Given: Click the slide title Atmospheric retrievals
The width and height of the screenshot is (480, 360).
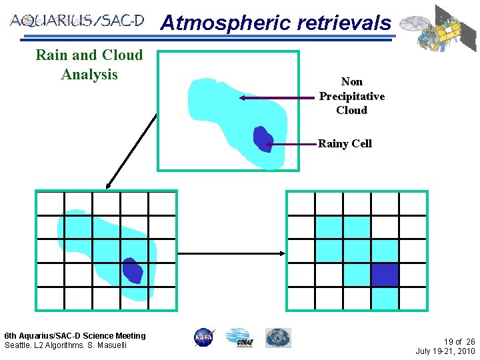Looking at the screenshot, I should [x=275, y=23].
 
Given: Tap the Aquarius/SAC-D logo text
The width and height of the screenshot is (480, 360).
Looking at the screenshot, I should [x=77, y=20].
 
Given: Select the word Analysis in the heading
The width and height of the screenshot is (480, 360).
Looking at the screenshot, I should [x=89, y=74].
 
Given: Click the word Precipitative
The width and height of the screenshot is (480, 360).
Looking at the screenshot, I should [x=351, y=96].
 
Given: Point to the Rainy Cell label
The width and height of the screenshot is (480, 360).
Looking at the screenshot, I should [x=345, y=143].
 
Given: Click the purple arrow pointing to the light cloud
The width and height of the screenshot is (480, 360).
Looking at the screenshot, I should [x=280, y=97].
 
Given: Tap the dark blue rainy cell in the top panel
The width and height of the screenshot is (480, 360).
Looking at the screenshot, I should [x=263, y=139].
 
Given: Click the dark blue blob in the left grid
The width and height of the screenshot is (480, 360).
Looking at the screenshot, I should [x=132, y=271].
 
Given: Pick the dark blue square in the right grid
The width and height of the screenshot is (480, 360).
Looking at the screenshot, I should [x=384, y=274].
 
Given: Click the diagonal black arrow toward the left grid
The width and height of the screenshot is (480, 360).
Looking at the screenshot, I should [x=132, y=149].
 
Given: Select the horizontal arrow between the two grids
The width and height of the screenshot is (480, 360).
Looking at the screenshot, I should [x=233, y=253].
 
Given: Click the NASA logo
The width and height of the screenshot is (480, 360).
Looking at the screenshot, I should [x=203, y=337].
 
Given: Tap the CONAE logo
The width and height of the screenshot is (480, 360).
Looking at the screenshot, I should [x=238, y=337].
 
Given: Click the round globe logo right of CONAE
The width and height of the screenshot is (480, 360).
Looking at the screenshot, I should [x=277, y=337].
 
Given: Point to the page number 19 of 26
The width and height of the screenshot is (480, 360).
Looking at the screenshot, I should [x=459, y=341].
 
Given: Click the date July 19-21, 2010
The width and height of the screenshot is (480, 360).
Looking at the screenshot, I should [x=445, y=351].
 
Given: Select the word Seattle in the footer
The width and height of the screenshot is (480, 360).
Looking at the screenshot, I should [x=18, y=345].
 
